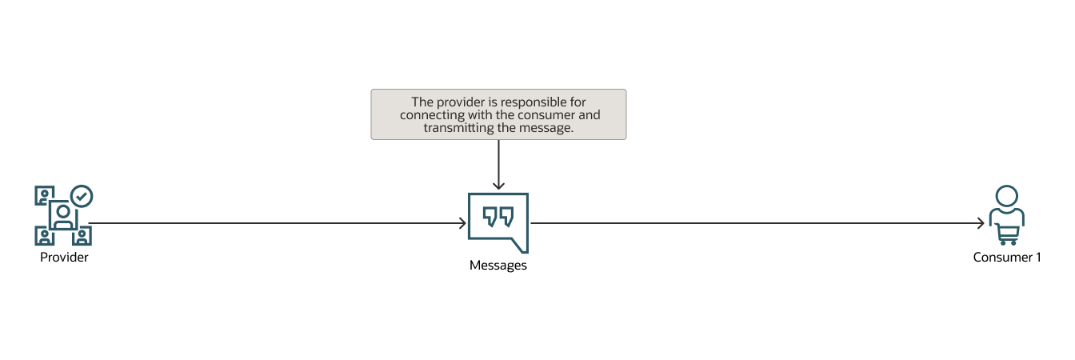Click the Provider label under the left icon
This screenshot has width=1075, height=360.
point(64,258)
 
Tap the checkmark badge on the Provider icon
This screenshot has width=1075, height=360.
point(82,196)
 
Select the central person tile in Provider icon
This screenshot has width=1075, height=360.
point(62,214)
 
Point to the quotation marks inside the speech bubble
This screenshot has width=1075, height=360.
point(498,217)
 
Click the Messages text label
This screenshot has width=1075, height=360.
point(498,266)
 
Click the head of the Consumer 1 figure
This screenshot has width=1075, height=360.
point(1006,196)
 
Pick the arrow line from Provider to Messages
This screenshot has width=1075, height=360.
point(272,224)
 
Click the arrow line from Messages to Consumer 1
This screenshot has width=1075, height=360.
point(752,224)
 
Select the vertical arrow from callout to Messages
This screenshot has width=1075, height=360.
point(498,164)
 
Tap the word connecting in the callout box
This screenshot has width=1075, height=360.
point(433,115)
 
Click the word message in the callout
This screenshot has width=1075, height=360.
point(549,128)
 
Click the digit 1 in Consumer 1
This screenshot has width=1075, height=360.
point(1038,258)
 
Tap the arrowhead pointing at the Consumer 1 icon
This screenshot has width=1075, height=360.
point(981,224)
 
